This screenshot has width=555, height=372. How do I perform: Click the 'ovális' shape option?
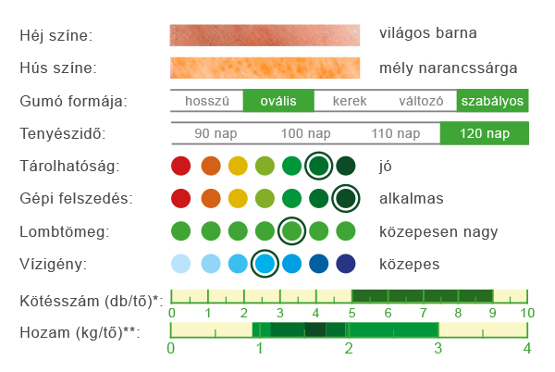click(x=278, y=101)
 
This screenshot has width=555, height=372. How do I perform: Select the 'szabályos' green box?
click(x=493, y=101)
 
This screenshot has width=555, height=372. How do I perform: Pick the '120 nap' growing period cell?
click(x=484, y=133)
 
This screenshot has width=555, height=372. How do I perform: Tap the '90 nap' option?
click(x=216, y=133)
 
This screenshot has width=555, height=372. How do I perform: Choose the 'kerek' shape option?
click(x=351, y=101)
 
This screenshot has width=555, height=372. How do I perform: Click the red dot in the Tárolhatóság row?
click(x=181, y=167)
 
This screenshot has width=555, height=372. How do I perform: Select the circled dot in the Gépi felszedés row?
click(x=346, y=198)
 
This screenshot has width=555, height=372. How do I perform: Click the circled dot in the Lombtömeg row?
click(x=292, y=230)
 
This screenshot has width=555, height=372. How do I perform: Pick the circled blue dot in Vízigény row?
click(x=265, y=264)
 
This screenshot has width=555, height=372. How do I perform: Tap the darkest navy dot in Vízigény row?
click(x=346, y=264)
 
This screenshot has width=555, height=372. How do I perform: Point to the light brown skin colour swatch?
click(x=265, y=35)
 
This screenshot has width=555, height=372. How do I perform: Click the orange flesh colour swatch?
click(x=265, y=68)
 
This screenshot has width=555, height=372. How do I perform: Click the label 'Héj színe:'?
click(x=56, y=36)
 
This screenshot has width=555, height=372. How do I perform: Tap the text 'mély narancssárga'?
click(x=448, y=68)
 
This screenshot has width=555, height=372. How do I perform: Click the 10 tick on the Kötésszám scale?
click(x=527, y=314)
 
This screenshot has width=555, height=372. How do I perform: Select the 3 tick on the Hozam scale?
click(x=438, y=348)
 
